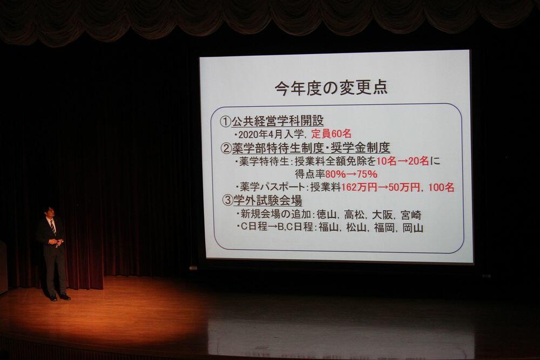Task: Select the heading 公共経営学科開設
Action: (x=278, y=121)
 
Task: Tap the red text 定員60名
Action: (x=332, y=133)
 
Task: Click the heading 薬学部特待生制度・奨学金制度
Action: (x=311, y=148)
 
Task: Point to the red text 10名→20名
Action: (x=403, y=161)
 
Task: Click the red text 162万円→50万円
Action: (x=381, y=187)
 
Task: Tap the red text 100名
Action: (x=442, y=187)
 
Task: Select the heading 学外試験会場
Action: (x=268, y=200)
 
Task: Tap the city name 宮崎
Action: (x=411, y=215)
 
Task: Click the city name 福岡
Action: (x=384, y=227)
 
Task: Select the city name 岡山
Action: (x=413, y=227)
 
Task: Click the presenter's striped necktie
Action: (x=53, y=228)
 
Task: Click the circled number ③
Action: (x=227, y=201)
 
